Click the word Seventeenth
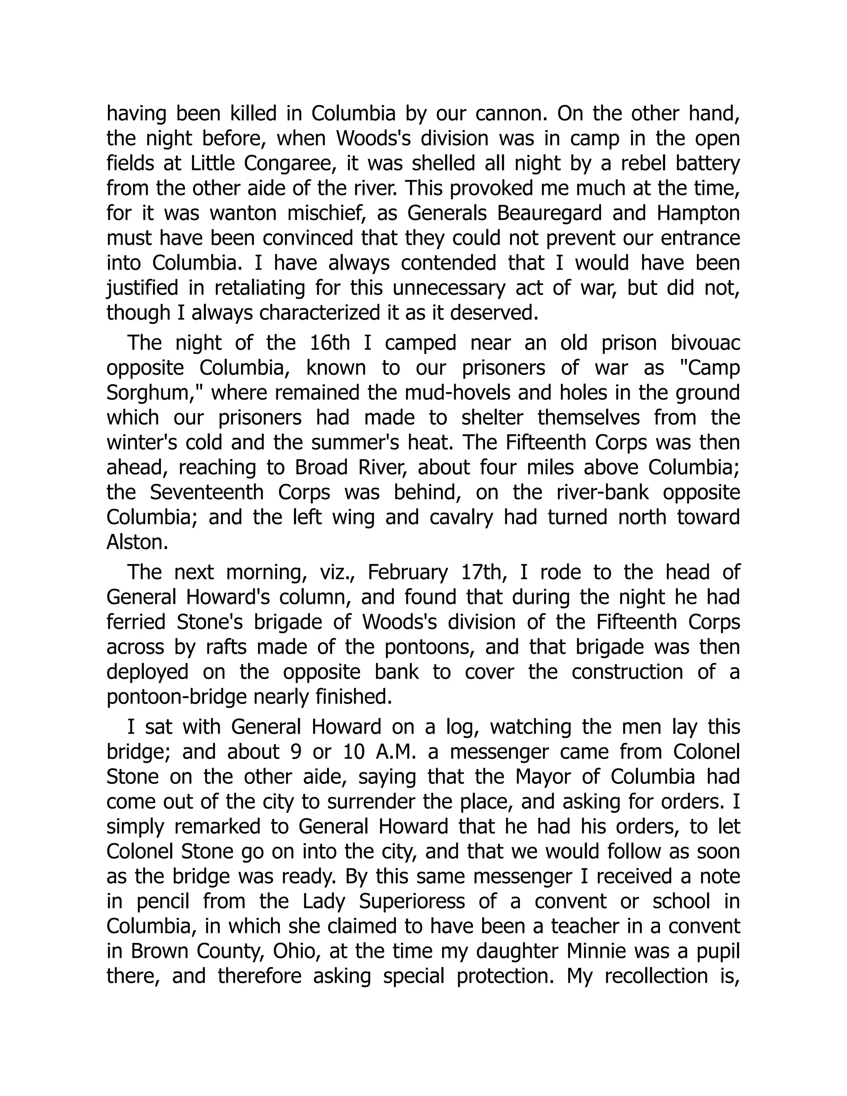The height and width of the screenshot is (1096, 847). pyautogui.click(x=207, y=492)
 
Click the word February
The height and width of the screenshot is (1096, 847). pyautogui.click(x=407, y=572)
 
